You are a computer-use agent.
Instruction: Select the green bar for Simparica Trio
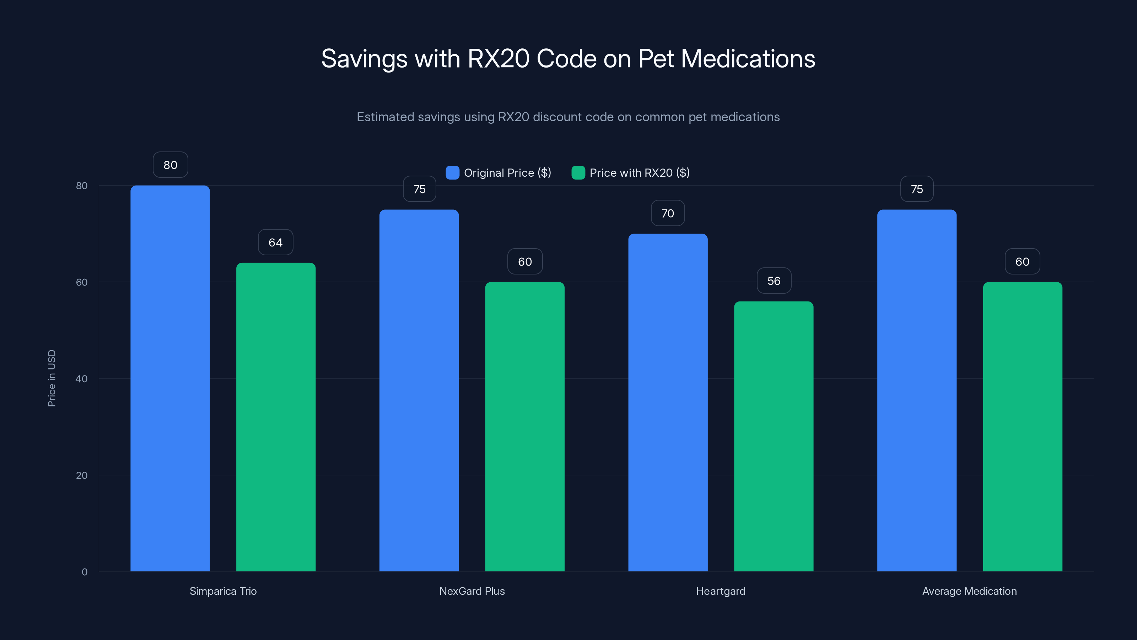pos(276,417)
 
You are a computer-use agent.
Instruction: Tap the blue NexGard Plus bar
pos(419,390)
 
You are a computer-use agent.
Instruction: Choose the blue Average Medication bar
pos(917,390)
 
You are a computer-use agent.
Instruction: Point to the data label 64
pos(275,242)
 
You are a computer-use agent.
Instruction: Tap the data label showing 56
pos(774,281)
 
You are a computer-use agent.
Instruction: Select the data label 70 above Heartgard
pos(667,213)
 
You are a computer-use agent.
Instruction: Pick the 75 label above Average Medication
pos(917,190)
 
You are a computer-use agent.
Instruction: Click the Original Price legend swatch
pos(452,173)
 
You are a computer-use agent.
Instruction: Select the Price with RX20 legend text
pos(640,173)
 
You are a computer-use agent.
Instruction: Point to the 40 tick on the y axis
pos(82,379)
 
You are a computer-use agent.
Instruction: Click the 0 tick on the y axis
pos(84,572)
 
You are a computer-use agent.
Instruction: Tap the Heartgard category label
pos(720,591)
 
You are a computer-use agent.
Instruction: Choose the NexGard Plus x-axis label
pos(472,591)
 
